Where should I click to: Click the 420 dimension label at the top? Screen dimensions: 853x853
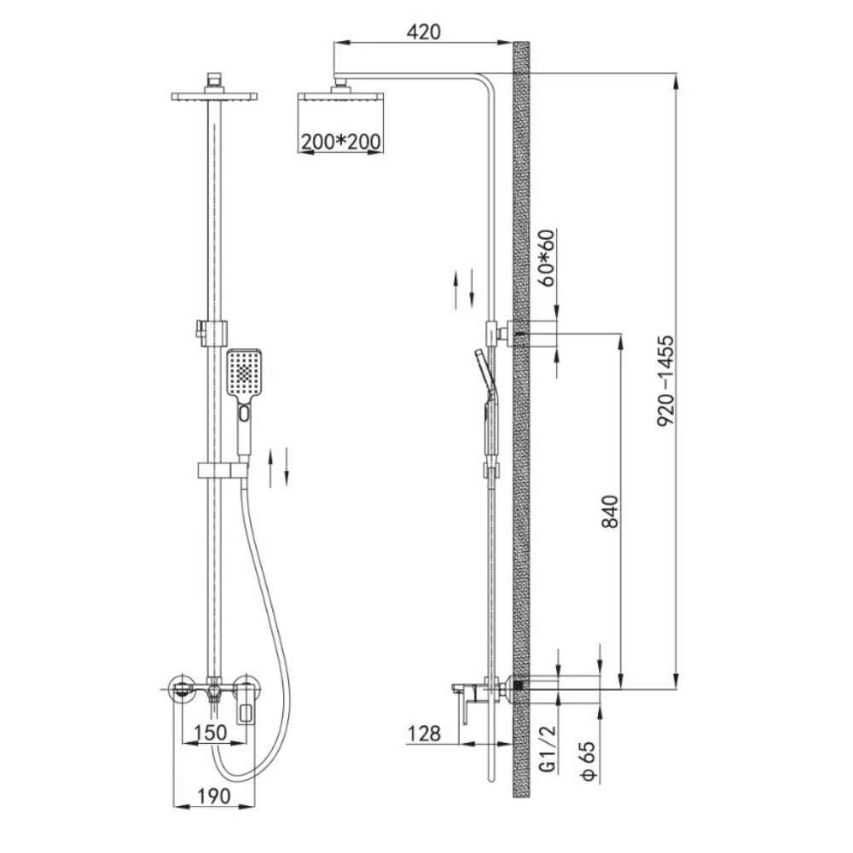[x=423, y=32]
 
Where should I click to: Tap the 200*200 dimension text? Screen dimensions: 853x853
[x=341, y=142]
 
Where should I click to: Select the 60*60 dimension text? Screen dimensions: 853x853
[x=548, y=258]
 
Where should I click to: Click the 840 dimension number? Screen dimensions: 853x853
[x=611, y=511]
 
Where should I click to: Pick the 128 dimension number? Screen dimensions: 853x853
[x=424, y=734]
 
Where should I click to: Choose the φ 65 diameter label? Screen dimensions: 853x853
[x=588, y=761]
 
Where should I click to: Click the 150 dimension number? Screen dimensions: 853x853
[x=211, y=732]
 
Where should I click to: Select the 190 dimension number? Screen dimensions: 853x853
[x=213, y=797]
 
